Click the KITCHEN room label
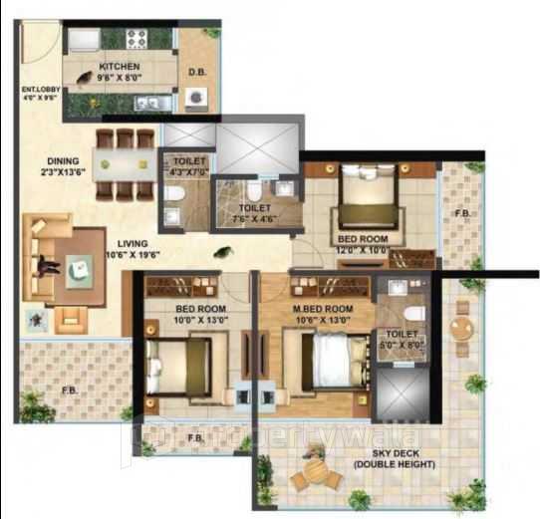point(111,67)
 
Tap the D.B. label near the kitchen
point(196,72)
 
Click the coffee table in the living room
point(78,267)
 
